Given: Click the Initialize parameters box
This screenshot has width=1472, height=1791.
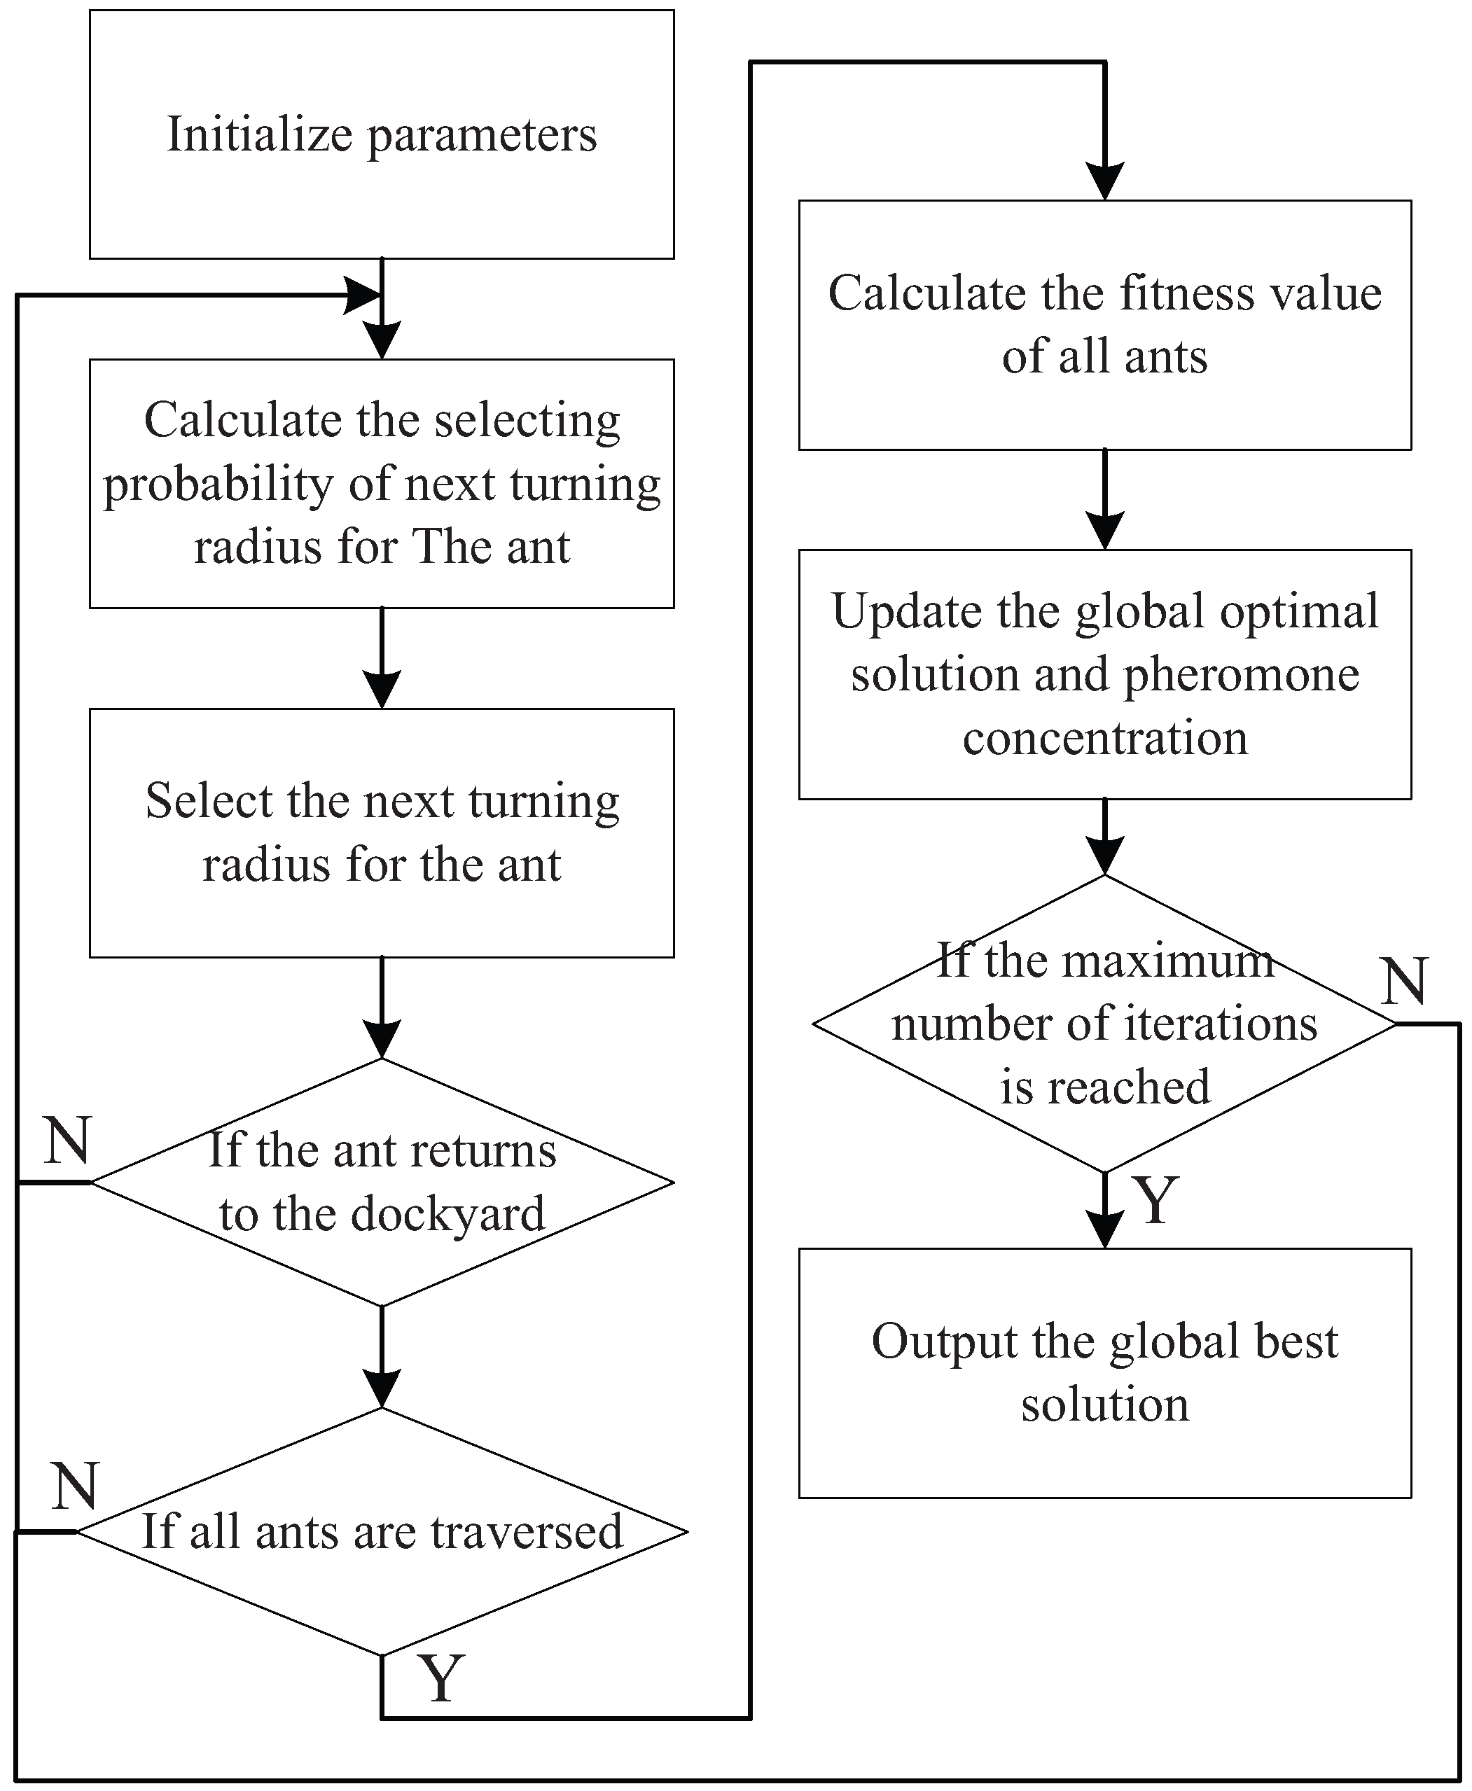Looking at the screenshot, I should (x=382, y=134).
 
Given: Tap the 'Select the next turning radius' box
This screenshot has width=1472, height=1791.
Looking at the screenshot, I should (x=382, y=833).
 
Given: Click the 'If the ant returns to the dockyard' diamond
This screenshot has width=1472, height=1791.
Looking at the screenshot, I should (x=382, y=1182).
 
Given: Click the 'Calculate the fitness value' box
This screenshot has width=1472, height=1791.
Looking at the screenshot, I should (x=1105, y=325).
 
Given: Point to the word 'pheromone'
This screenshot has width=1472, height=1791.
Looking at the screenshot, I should (x=1242, y=676).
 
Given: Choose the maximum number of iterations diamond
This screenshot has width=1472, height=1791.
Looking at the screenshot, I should (x=1105, y=1023).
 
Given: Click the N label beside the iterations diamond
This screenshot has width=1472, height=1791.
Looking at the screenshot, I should (x=1405, y=982).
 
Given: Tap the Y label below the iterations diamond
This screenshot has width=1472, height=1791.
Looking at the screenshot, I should (x=1155, y=1200).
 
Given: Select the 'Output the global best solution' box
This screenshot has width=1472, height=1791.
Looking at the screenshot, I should (x=1105, y=1372).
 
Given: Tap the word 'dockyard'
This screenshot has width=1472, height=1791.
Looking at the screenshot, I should (x=447, y=1214).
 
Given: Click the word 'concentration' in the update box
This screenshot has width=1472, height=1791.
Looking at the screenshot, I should (x=1105, y=737).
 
